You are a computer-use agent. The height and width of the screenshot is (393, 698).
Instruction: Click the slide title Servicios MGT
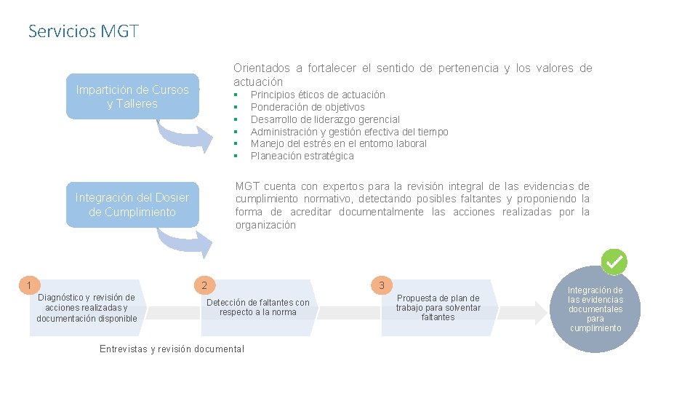click(83, 31)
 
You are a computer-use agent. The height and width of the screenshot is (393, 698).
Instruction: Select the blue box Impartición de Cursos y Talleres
click(132, 97)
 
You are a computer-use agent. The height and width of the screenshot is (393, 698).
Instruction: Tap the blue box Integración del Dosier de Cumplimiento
click(132, 205)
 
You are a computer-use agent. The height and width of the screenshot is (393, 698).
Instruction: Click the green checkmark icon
click(614, 261)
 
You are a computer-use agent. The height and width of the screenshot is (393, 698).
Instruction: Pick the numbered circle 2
click(205, 285)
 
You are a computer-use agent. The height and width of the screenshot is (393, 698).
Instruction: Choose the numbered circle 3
click(382, 285)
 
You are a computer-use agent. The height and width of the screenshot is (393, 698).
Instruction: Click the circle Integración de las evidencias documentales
click(595, 309)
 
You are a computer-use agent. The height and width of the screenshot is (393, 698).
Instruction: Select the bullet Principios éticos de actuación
click(318, 95)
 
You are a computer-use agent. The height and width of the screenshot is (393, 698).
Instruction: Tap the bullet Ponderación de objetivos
click(308, 107)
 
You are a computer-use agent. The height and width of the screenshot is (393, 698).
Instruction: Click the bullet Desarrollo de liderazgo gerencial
click(325, 119)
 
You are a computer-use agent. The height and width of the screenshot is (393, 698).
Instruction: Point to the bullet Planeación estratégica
click(302, 156)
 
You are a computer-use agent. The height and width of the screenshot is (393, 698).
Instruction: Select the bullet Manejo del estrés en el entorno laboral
click(338, 143)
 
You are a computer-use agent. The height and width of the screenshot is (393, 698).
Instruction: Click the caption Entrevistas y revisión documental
click(172, 349)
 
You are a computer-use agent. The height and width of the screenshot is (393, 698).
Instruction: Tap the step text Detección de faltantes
click(258, 307)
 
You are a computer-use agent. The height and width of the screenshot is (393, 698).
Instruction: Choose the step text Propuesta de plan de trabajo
click(438, 307)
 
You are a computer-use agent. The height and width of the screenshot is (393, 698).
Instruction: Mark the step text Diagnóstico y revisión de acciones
click(87, 307)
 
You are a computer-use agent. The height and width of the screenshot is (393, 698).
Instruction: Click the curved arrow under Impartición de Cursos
click(182, 137)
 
